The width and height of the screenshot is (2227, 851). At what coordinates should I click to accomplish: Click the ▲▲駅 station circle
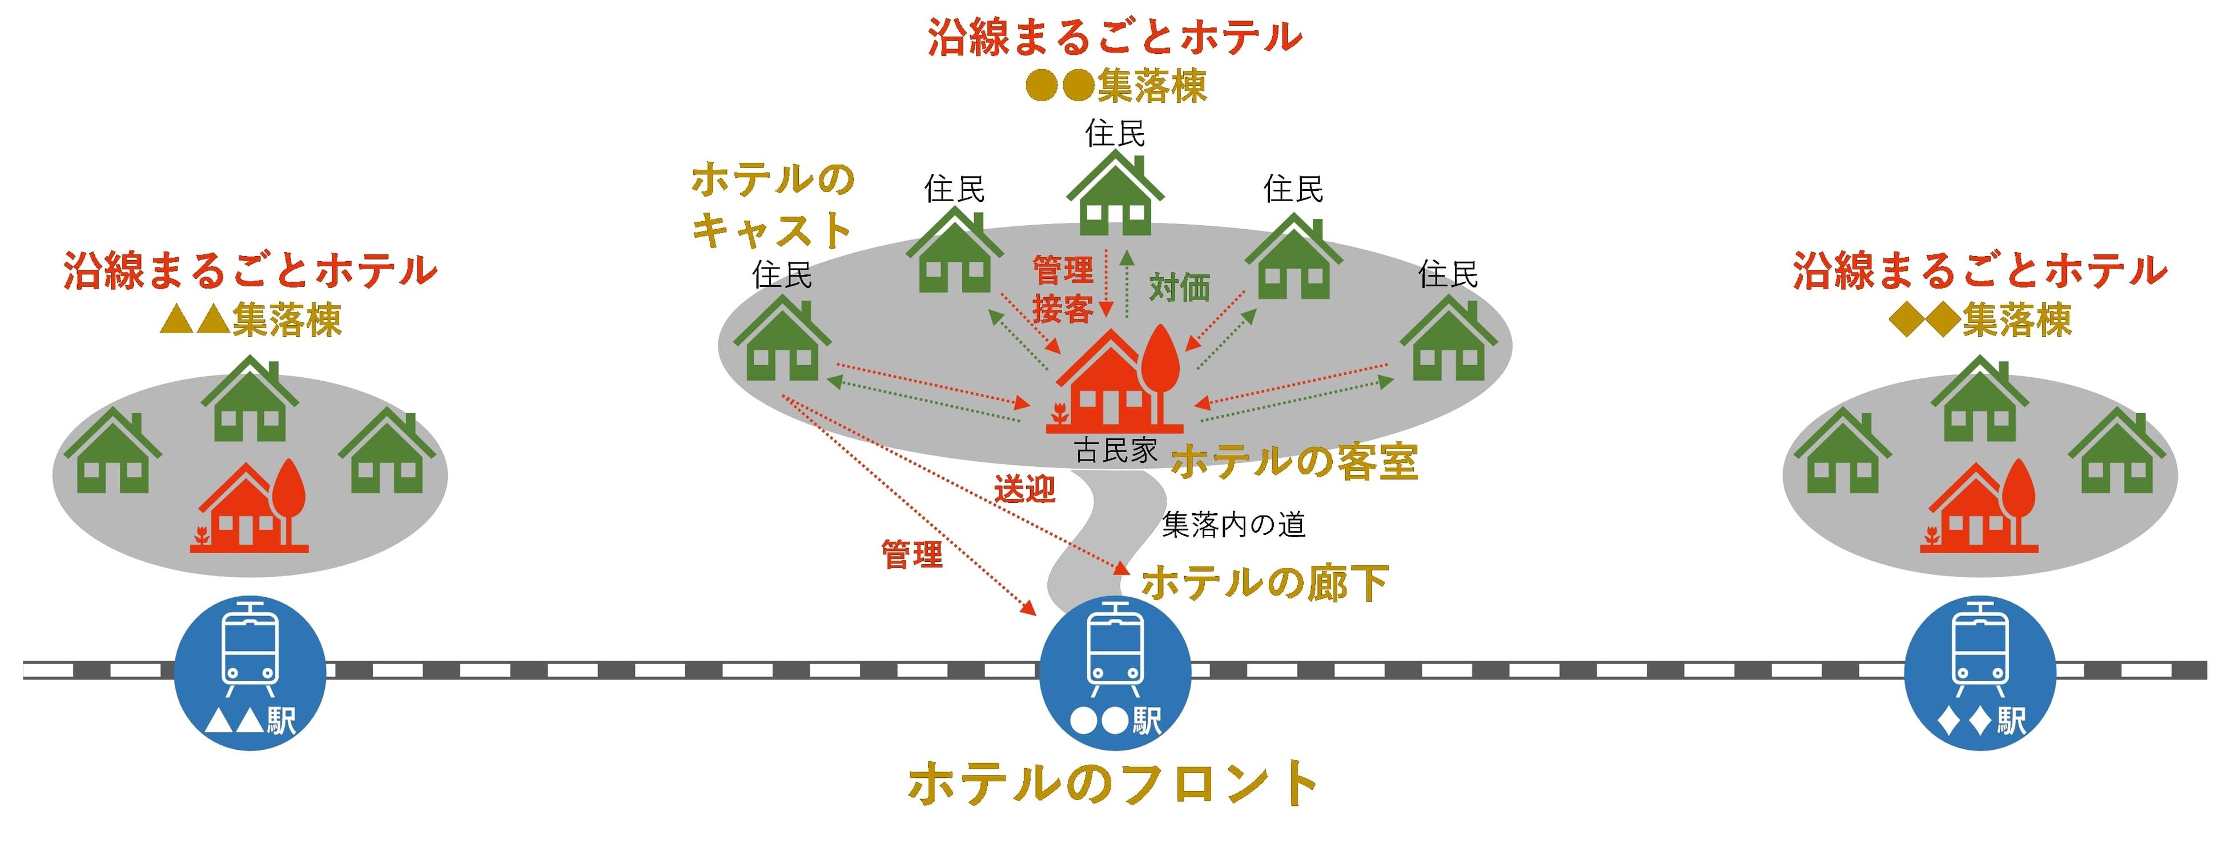tap(250, 672)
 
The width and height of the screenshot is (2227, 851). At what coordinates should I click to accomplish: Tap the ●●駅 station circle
tap(1115, 672)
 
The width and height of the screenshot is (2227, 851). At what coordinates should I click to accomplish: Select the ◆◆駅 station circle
tap(1980, 672)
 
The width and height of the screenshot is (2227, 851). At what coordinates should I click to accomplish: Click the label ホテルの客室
tap(1294, 462)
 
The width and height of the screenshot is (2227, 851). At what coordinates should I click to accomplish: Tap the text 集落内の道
tap(1233, 524)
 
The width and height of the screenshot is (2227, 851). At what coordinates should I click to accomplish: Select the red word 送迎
tap(1024, 489)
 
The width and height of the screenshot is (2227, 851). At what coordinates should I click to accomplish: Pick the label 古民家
tap(1115, 450)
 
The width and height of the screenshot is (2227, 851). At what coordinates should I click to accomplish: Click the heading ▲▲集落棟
tap(251, 320)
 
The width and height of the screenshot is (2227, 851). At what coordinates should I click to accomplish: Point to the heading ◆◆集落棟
tap(1980, 320)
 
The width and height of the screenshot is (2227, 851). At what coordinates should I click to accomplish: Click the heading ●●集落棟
tap(1115, 86)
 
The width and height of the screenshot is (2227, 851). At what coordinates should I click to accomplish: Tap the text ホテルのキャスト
tap(772, 205)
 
